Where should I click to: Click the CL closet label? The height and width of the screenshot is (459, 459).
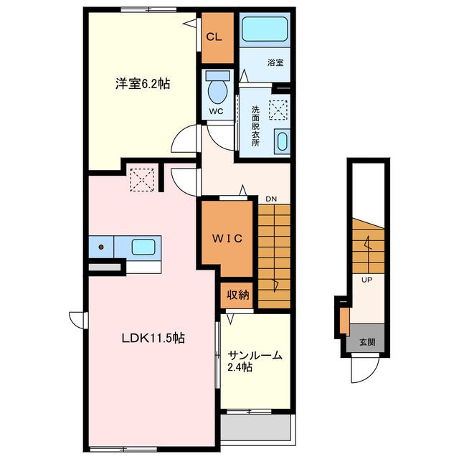pos(214,37)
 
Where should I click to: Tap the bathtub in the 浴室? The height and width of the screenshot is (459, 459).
pos(265,29)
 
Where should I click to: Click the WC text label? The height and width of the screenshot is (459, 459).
pos(216,111)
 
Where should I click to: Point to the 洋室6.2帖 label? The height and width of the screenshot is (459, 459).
pos(143,84)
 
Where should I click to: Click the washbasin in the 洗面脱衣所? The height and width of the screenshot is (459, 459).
pos(282,142)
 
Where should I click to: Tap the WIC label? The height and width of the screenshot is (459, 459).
pos(227,239)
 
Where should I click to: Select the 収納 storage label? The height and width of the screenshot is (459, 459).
pos(238,295)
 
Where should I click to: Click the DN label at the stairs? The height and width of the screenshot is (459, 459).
pos(271,199)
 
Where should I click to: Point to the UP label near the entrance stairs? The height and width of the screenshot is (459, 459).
pos(366,280)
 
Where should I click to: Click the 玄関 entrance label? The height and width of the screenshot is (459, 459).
pos(367,342)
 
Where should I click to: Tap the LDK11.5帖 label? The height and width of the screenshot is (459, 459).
pos(153,338)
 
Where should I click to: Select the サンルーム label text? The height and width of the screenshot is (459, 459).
pos(255,356)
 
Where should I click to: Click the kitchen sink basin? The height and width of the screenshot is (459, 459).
pos(143,247)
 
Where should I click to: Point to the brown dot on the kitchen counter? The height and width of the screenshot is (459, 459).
pos(101,247)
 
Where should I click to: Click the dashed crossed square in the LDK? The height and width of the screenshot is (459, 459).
pos(142,180)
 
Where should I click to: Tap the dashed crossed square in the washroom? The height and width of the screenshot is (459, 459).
pos(278,110)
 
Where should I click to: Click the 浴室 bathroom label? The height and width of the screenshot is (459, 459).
pos(275,62)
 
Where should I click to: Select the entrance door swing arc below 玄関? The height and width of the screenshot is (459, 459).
pos(372,375)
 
